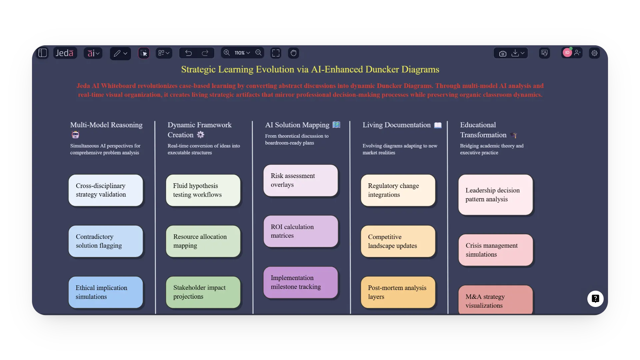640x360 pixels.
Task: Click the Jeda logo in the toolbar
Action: [65, 53]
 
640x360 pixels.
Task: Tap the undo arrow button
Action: [189, 53]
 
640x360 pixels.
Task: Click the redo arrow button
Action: [205, 53]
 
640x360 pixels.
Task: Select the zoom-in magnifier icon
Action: [227, 53]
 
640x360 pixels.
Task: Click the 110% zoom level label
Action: [240, 53]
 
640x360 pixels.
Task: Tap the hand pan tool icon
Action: [293, 53]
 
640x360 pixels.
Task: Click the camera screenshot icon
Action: [503, 53]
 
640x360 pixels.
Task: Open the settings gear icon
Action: [594, 53]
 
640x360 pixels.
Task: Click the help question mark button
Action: [595, 299]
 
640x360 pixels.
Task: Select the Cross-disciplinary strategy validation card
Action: [106, 190]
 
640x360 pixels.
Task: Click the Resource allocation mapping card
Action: [203, 241]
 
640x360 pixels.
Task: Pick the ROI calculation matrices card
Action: [301, 231]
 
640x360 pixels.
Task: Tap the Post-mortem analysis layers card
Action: [398, 292]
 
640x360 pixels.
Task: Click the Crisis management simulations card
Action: [495, 250]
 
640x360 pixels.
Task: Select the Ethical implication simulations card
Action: [106, 292]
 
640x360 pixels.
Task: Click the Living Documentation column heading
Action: [396, 125]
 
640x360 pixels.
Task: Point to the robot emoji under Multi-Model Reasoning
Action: [75, 135]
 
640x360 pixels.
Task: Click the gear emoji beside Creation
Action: [200, 135]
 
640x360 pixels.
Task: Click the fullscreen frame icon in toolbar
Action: [276, 53]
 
